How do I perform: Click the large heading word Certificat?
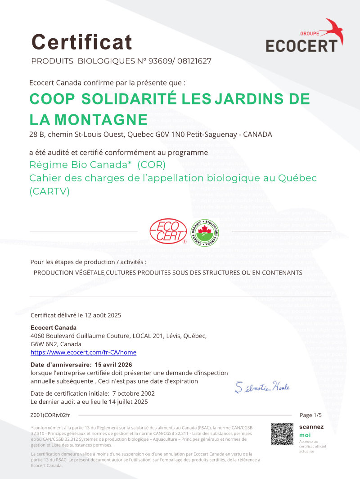(x=82, y=42)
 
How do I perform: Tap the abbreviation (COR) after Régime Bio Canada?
(x=152, y=163)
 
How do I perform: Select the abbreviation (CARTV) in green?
(x=49, y=191)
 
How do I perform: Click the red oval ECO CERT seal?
(x=168, y=230)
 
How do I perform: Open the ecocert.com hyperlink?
(x=83, y=352)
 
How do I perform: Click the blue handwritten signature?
(x=262, y=387)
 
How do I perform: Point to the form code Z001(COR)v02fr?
(x=50, y=415)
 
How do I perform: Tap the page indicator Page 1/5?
(x=311, y=415)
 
